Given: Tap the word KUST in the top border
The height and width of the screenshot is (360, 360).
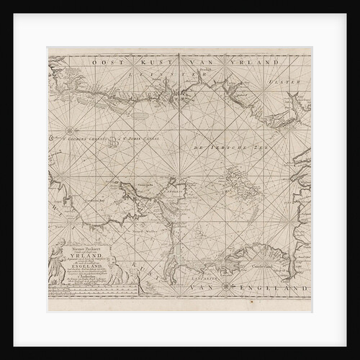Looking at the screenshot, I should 146,63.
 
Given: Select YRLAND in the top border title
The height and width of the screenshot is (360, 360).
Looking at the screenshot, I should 260,63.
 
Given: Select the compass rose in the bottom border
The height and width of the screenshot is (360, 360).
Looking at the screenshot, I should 228,288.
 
